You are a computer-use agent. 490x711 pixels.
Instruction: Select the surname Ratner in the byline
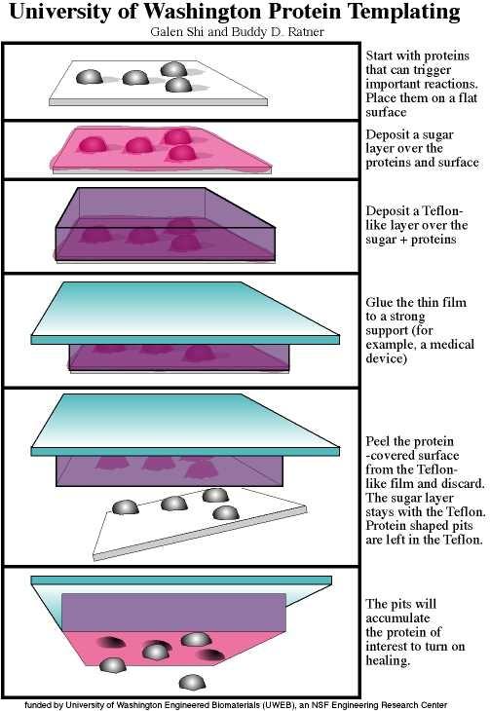pyautogui.click(x=306, y=32)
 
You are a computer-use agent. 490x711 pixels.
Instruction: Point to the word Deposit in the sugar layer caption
pyautogui.click(x=387, y=135)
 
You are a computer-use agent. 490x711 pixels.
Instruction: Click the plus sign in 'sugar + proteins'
pyautogui.click(x=402, y=240)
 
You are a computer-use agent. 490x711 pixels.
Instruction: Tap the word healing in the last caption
pyautogui.click(x=388, y=660)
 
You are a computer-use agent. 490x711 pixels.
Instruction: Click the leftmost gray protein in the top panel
pyautogui.click(x=90, y=77)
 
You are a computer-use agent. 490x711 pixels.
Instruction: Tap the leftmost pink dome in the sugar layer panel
pyautogui.click(x=93, y=145)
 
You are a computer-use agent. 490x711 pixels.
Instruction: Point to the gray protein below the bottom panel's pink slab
pyautogui.click(x=192, y=683)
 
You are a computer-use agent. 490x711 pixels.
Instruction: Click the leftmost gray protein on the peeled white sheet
pyautogui.click(x=126, y=507)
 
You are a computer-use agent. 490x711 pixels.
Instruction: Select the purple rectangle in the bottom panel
pyautogui.click(x=173, y=613)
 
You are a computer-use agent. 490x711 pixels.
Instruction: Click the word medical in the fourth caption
pyautogui.click(x=445, y=345)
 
